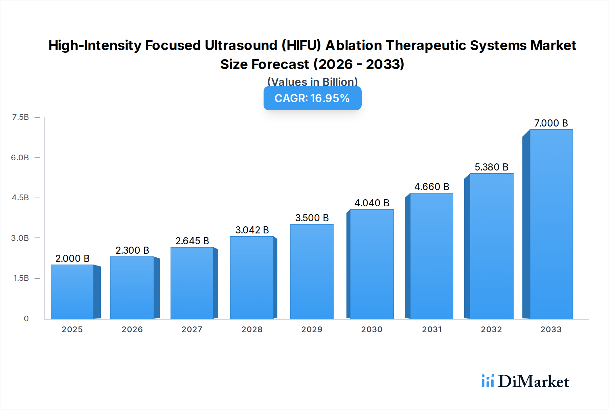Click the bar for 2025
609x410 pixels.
[72, 292]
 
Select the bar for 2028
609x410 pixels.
[252, 277]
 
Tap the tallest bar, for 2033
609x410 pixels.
[551, 224]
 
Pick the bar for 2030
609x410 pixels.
[372, 264]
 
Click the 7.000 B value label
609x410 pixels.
[551, 123]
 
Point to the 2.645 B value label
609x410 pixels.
[192, 241]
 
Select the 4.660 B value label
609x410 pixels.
[432, 187]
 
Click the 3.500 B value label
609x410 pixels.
[312, 218]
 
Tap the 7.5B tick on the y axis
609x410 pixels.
[20, 117]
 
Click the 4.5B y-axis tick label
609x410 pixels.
[20, 198]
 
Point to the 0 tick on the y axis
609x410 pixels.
[26, 319]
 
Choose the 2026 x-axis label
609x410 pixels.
[132, 329]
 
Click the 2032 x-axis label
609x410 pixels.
[491, 329]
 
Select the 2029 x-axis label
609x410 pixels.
[312, 329]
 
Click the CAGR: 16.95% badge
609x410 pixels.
[312, 98]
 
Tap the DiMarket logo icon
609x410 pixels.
[488, 381]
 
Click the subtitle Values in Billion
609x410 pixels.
[312, 82]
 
